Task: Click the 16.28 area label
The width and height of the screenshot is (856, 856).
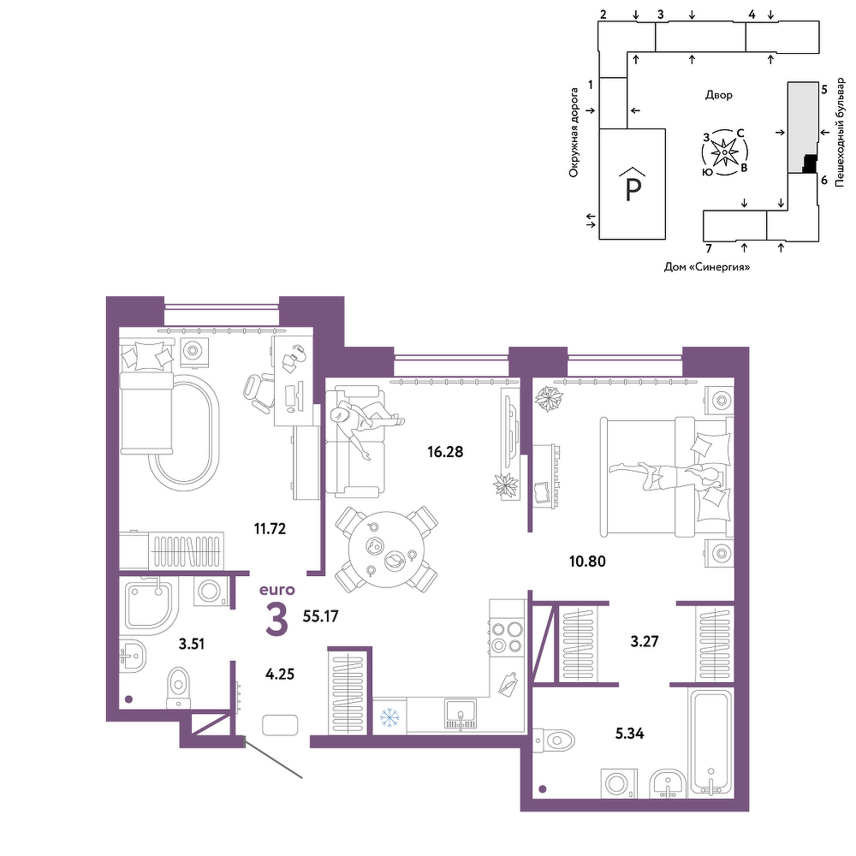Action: pos(445,452)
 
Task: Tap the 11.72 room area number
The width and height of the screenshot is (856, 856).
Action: pos(270,528)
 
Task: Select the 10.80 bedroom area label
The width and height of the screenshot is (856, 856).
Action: pos(587,562)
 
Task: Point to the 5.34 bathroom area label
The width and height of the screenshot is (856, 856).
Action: pos(629,734)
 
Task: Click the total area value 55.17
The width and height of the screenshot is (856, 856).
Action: pos(320,616)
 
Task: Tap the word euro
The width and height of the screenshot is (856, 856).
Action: pos(276,590)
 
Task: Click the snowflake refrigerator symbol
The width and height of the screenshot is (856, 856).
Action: pos(389,717)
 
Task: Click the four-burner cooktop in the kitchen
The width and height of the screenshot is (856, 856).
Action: pos(507,638)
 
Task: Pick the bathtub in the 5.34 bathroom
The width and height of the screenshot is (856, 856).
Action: pos(710,742)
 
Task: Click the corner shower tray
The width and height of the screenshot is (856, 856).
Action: pos(150,606)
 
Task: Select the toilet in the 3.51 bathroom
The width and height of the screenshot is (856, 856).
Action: pos(177,687)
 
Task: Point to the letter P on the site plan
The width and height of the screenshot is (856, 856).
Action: pos(633,189)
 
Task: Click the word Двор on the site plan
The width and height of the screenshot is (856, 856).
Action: pos(718,95)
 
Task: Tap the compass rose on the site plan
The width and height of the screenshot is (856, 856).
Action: pos(724,152)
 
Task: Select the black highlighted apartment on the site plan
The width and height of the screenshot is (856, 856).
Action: pos(810,163)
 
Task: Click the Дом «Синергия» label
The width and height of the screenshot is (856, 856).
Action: pos(706,267)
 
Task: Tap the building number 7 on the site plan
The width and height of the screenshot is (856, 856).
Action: pos(709,248)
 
